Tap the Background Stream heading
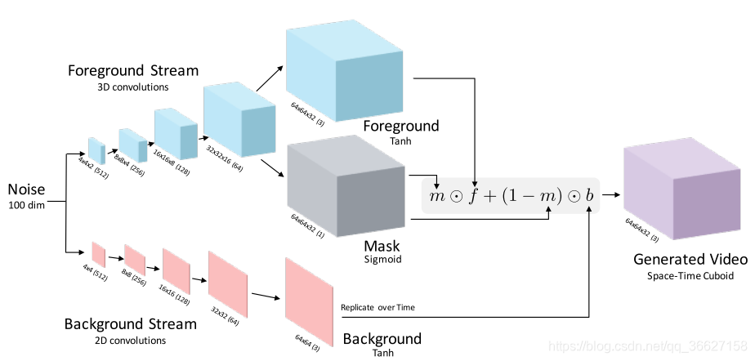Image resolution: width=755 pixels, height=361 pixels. tap(130, 324)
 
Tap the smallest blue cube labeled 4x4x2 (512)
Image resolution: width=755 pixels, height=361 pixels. tap(96, 151)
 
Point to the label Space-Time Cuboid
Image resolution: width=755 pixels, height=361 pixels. tap(690, 276)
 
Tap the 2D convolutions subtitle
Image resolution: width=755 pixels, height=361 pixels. tap(130, 340)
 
